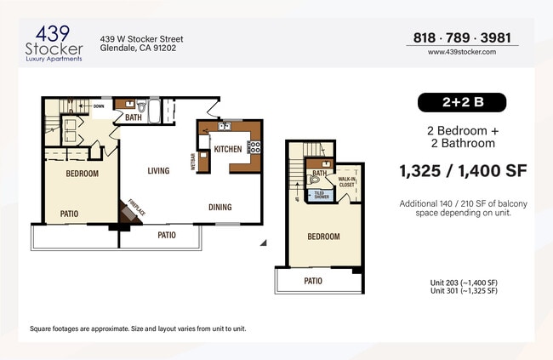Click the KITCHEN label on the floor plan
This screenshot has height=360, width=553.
227,149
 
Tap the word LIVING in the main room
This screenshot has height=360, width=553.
157,170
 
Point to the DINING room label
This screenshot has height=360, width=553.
221,207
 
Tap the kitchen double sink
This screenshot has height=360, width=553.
223,127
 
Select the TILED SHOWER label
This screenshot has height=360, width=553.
322,195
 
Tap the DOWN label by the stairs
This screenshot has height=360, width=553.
99,106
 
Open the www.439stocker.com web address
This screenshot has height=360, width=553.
462,52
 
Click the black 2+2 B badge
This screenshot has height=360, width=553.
462,103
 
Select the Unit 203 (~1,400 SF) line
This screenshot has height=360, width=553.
464,283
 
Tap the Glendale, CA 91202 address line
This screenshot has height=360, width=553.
139,49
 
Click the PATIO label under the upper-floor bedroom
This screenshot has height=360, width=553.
313,280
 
